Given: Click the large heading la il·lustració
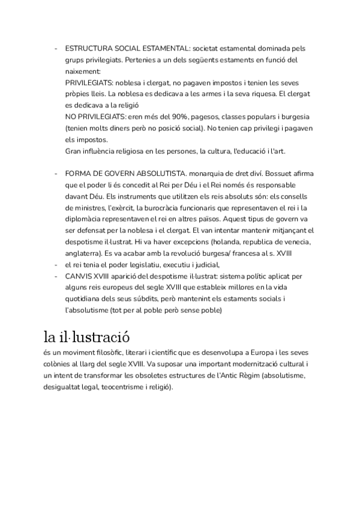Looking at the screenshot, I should point(87,336).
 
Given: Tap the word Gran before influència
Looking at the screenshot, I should point(73,151).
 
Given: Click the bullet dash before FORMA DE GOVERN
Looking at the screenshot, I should point(55,173).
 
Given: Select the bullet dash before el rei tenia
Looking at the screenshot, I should point(55,265).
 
